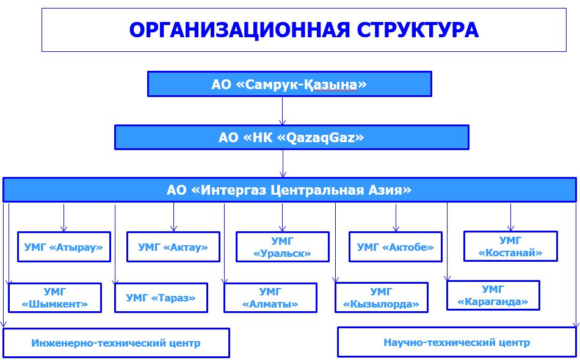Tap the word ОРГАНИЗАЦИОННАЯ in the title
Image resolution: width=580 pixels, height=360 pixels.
pos(239,30)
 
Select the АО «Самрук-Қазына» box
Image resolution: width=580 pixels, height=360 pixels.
pos(289,84)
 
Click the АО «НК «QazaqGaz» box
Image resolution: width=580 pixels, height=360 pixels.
pos(292,137)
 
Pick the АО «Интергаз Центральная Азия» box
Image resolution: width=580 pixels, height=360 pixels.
pos(289,190)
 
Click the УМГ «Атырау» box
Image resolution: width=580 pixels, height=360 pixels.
pos(64,247)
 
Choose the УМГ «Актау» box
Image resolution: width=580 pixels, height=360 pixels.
pos(173,247)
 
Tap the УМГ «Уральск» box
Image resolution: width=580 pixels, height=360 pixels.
pos(283,247)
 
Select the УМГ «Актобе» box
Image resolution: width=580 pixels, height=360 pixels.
pos(396,247)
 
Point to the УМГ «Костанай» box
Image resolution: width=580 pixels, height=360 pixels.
pos(510,246)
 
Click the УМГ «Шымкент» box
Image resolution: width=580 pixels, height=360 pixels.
pos(55,298)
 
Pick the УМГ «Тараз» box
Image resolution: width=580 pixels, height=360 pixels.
pos(161,298)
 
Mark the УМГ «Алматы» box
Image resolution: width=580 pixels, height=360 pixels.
pos(270,298)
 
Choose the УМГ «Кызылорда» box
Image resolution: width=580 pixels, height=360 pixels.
pos(382,298)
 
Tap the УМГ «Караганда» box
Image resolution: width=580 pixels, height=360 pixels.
pos(493,295)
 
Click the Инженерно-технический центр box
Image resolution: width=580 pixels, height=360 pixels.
pos(116,343)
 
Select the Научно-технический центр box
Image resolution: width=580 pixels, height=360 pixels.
pos(457,342)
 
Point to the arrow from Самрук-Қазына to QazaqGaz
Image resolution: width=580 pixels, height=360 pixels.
pos(283,111)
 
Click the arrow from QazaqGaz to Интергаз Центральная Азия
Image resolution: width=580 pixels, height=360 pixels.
pos(283,164)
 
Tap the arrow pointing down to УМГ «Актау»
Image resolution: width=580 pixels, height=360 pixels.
pos(174,217)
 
